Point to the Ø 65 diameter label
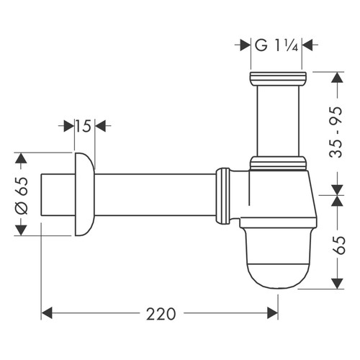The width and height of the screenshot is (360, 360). (22, 194)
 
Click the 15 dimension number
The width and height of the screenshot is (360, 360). (82, 127)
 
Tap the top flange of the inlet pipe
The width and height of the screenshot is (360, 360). (278, 77)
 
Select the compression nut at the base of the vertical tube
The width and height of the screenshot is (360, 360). (278, 163)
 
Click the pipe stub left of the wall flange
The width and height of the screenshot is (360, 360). (56, 194)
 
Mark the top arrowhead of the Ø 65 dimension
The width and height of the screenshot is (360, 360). (22, 158)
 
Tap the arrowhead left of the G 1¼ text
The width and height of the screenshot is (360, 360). (243, 45)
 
